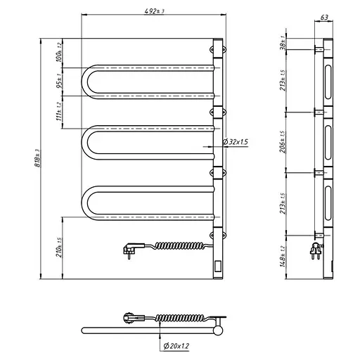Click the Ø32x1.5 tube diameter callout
pyautogui.click(x=235, y=142)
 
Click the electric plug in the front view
pyautogui.click(x=131, y=246)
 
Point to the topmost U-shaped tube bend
pyautogui.click(x=87, y=82)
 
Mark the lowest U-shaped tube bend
pyautogui.click(x=87, y=202)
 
